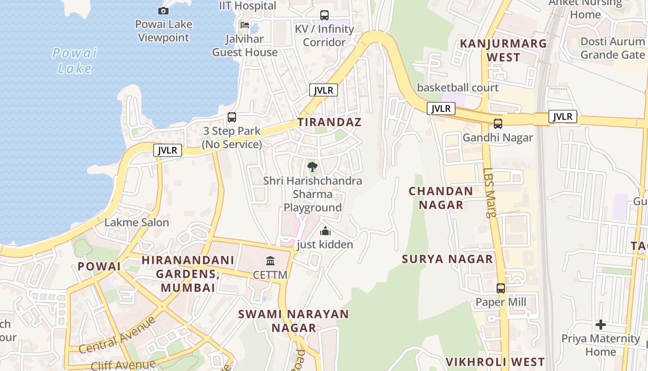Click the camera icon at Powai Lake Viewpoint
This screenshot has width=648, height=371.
coord(163,11)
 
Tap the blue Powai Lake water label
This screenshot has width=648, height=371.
coord(75,60)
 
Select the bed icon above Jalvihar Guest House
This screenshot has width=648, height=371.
coord(244,25)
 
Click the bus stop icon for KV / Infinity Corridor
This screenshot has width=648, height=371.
coord(324,15)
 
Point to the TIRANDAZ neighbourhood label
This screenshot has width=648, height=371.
coord(329,122)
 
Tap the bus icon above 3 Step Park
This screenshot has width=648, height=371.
coord(232,117)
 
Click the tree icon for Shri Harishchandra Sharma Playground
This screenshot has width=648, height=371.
coord(312,166)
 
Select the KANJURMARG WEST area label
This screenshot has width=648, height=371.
coord(503,51)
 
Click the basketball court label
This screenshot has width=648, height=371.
coord(458,88)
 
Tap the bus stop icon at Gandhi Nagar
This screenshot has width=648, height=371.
coord(498,124)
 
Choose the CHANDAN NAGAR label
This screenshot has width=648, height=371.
coord(441,198)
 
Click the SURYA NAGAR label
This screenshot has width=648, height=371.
coord(448,259)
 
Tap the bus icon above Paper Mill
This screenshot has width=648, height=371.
coord(501,288)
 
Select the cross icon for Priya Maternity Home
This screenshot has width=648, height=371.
coord(601,325)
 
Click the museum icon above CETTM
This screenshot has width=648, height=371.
coord(270,261)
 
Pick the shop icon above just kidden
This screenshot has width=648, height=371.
coord(325,230)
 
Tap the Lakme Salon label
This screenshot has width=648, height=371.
coord(137,223)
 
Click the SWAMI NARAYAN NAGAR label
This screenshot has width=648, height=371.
coord(293,321)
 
